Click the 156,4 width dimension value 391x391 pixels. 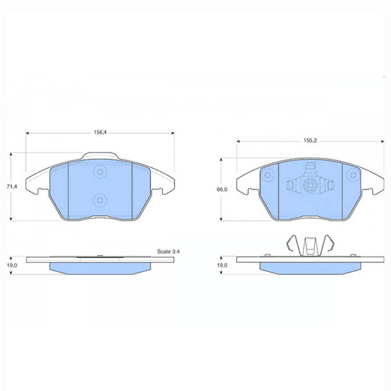(x=100, y=132)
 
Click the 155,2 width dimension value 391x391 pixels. (x=310, y=140)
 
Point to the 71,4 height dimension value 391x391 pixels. (x=12, y=187)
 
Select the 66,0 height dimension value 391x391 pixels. (x=222, y=190)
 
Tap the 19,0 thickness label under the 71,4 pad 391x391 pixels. (x=12, y=265)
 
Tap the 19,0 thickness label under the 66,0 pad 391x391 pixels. (x=222, y=265)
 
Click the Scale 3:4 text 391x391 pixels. (x=168, y=251)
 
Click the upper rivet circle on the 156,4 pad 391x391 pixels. (x=100, y=172)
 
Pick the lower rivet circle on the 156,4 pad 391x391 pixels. (x=100, y=200)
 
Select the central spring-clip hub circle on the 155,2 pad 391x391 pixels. (x=310, y=185)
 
